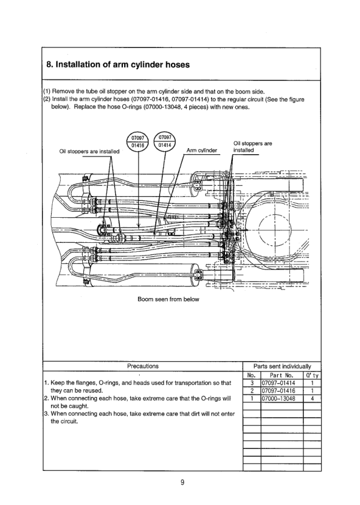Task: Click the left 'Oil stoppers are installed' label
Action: tap(90, 151)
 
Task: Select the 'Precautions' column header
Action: tap(143, 365)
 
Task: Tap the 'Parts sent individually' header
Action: tap(282, 365)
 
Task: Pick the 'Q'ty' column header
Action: tap(312, 375)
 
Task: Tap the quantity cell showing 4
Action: tap(312, 398)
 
